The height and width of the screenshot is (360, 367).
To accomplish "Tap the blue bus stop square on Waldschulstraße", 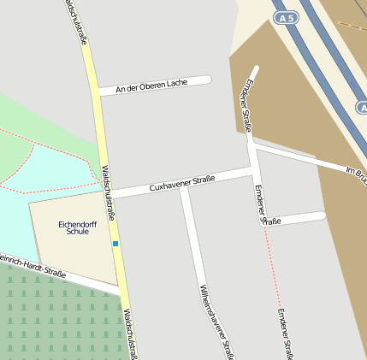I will pyautogui.click(x=115, y=244).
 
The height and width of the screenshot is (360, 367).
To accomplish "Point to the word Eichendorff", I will pyautogui.click(x=77, y=224).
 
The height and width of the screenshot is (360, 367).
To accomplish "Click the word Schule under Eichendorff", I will pyautogui.click(x=77, y=232).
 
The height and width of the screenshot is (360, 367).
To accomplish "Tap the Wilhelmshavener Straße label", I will pyautogui.click(x=216, y=322).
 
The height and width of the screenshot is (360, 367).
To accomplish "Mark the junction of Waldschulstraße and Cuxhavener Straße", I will pyautogui.click(x=110, y=195).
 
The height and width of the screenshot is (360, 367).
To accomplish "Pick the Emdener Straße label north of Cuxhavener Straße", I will pyautogui.click(x=248, y=105).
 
